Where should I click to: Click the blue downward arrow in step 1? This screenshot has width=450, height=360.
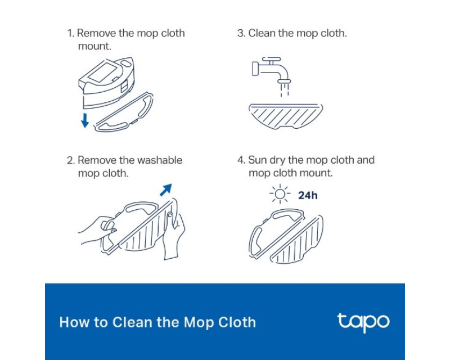[85, 120]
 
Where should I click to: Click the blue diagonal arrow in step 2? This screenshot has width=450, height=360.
[166, 190]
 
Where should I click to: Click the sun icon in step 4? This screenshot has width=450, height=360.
[280, 195]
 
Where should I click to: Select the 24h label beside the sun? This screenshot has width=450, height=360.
[308, 196]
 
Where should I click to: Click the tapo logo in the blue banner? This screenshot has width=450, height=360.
[363, 322]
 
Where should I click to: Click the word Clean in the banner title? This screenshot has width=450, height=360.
[132, 322]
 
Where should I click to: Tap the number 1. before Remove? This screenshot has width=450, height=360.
[71, 33]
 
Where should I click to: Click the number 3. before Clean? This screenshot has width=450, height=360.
[241, 33]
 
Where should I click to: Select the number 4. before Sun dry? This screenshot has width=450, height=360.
[241, 160]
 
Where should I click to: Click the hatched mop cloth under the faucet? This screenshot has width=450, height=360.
[286, 116]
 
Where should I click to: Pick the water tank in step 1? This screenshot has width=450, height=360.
[107, 83]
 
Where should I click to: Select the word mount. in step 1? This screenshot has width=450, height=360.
[94, 46]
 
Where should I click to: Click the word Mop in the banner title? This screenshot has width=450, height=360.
[199, 323]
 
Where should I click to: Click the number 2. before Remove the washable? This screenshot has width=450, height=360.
[71, 160]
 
